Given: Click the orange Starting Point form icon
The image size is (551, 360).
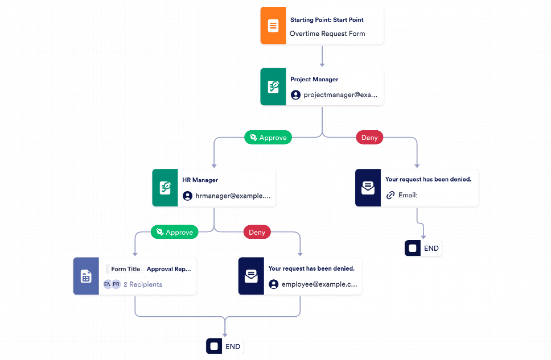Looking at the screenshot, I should tap(273, 26).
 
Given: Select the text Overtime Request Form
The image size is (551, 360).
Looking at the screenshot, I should tap(327, 34).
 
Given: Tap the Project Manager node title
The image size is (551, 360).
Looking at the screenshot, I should tap(314, 80).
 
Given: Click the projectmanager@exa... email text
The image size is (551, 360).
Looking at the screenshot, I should tap(340, 95).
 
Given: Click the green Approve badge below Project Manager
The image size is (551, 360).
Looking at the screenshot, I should tap(268, 138).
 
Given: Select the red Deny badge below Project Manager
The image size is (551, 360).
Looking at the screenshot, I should tap(369, 138).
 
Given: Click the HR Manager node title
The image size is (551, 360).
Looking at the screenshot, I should tap(200, 180).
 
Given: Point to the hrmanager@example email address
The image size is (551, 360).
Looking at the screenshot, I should tap(232, 196).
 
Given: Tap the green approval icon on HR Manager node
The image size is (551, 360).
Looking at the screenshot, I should tap(165, 188).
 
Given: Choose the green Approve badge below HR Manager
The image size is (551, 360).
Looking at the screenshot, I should tap(174, 232).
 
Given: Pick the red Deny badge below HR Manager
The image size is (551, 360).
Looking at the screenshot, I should tap(257, 232).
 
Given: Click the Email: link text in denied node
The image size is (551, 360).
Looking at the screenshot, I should tap(408, 195).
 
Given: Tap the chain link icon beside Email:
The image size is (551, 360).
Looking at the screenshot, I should tap(390, 195).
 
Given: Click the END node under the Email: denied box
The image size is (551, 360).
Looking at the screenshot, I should tap(423, 249).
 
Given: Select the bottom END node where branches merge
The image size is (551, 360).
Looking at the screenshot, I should tap(224, 346).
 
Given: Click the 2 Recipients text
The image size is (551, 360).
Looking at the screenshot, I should tap(143, 284).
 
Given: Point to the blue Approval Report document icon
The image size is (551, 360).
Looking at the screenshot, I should tap(86, 276).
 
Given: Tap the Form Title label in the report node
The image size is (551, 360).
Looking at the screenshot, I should tap(126, 269).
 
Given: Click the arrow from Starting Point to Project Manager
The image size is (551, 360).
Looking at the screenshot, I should tap(322, 56).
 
